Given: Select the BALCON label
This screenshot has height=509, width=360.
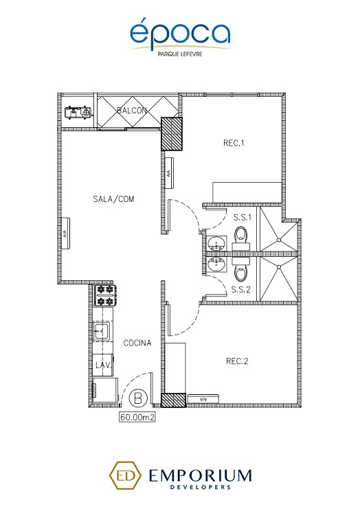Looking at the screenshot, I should pos(131,111).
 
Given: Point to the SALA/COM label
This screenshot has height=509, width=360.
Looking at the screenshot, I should pos(113,199).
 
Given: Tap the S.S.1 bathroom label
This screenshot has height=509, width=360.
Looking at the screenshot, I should pos(241,218).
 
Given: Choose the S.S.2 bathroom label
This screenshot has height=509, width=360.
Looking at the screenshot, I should pos(241,289).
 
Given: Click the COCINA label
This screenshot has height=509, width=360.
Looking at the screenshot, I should pos(137,342).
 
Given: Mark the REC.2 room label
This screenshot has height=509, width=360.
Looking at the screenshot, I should pos(237,361).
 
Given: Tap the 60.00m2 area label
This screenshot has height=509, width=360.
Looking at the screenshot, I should pos(135,416).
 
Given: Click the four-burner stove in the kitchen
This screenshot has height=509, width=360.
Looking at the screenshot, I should pos(105,295).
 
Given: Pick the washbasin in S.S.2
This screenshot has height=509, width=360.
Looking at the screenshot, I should pos(217,265).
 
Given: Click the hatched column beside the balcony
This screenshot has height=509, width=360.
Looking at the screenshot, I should pos(170,134).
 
